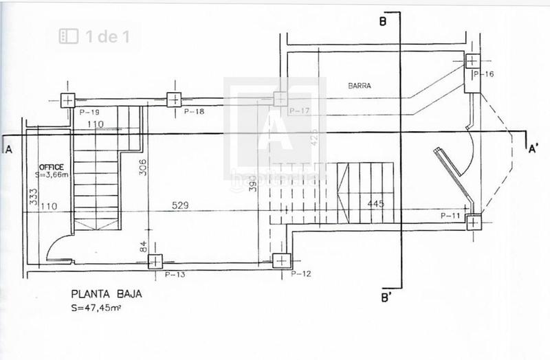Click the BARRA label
click(360, 87)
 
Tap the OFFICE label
click(51, 167)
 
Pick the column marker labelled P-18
click(173, 100)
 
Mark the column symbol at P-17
click(280, 99)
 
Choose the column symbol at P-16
click(473, 61)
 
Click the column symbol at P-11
click(473, 222)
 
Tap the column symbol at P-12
click(280, 260)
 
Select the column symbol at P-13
click(155, 261)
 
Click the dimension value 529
click(181, 205)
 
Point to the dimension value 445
click(375, 204)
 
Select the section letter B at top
click(382, 21)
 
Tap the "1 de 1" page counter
click(100, 36)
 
